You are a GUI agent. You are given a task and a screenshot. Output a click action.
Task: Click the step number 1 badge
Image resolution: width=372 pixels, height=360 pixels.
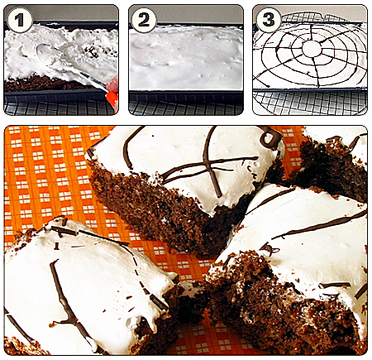20,20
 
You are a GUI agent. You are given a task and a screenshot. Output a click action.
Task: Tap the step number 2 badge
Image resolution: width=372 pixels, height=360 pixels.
144,20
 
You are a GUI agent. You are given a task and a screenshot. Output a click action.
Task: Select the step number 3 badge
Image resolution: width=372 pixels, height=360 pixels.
268,20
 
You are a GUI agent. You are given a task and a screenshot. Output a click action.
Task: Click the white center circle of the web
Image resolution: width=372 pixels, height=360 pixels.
312,49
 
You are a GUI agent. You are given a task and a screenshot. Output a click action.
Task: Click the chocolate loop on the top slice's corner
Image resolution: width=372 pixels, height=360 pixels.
270,138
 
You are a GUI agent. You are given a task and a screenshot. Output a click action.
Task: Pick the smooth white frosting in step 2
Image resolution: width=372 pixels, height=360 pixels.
186,58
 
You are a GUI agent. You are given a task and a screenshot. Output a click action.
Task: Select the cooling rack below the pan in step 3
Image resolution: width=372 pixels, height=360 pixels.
310,103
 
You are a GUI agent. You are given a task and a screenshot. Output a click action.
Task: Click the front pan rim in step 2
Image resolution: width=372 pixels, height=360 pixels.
186,94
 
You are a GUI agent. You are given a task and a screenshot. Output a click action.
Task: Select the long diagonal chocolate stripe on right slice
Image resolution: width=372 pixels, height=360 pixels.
322,226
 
